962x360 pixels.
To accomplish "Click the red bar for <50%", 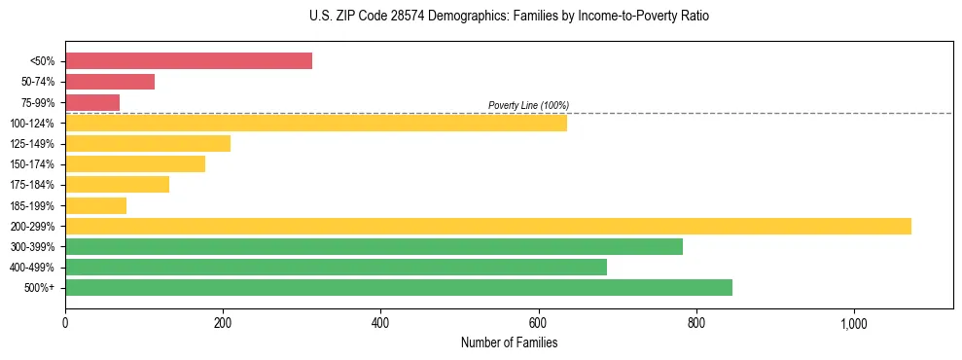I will (x=189, y=61).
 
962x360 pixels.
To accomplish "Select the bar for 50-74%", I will (x=110, y=82).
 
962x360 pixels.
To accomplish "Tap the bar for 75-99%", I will (x=92, y=102).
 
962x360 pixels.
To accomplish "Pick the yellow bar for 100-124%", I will (x=316, y=123).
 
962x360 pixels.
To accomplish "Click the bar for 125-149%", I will (x=148, y=143).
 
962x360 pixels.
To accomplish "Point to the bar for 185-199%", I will (x=95, y=205).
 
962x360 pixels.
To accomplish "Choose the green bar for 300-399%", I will (x=374, y=246).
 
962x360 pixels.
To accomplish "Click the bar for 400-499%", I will (x=336, y=267).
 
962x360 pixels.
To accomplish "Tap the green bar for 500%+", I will (x=399, y=287).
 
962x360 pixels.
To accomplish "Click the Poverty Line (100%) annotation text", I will (x=528, y=105).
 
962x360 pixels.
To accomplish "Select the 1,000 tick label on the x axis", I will (x=853, y=322).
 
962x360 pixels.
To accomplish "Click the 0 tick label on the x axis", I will (x=65, y=322).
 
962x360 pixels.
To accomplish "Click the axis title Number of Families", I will (x=509, y=342).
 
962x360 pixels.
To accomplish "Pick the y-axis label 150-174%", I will (x=32, y=164).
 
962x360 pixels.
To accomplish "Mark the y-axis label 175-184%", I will (x=32, y=185).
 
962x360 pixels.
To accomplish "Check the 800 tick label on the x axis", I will (x=695, y=322).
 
